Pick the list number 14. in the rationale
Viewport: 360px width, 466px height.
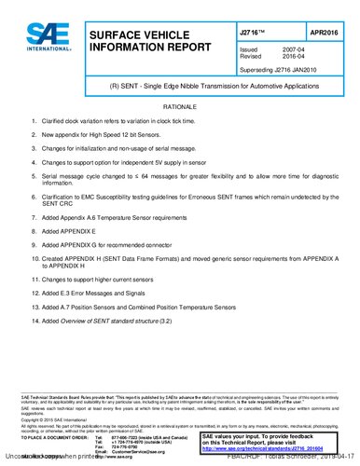[35, 321]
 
